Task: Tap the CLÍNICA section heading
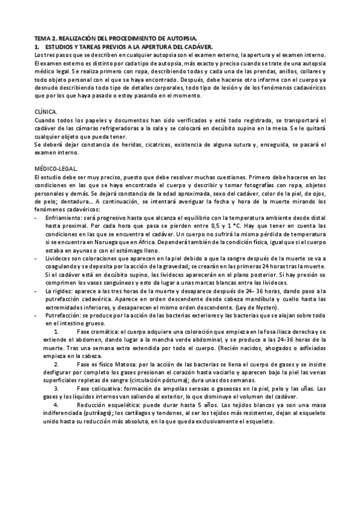[x=47, y=111]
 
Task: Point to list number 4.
[x=56, y=405]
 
